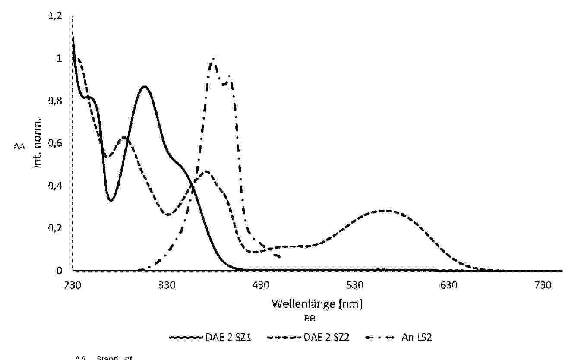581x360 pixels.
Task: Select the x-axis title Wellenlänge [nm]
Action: point(317,304)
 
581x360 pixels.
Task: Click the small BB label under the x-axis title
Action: point(309,319)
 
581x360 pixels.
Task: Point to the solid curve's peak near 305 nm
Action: point(144,87)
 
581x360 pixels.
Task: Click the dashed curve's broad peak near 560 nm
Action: point(384,211)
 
